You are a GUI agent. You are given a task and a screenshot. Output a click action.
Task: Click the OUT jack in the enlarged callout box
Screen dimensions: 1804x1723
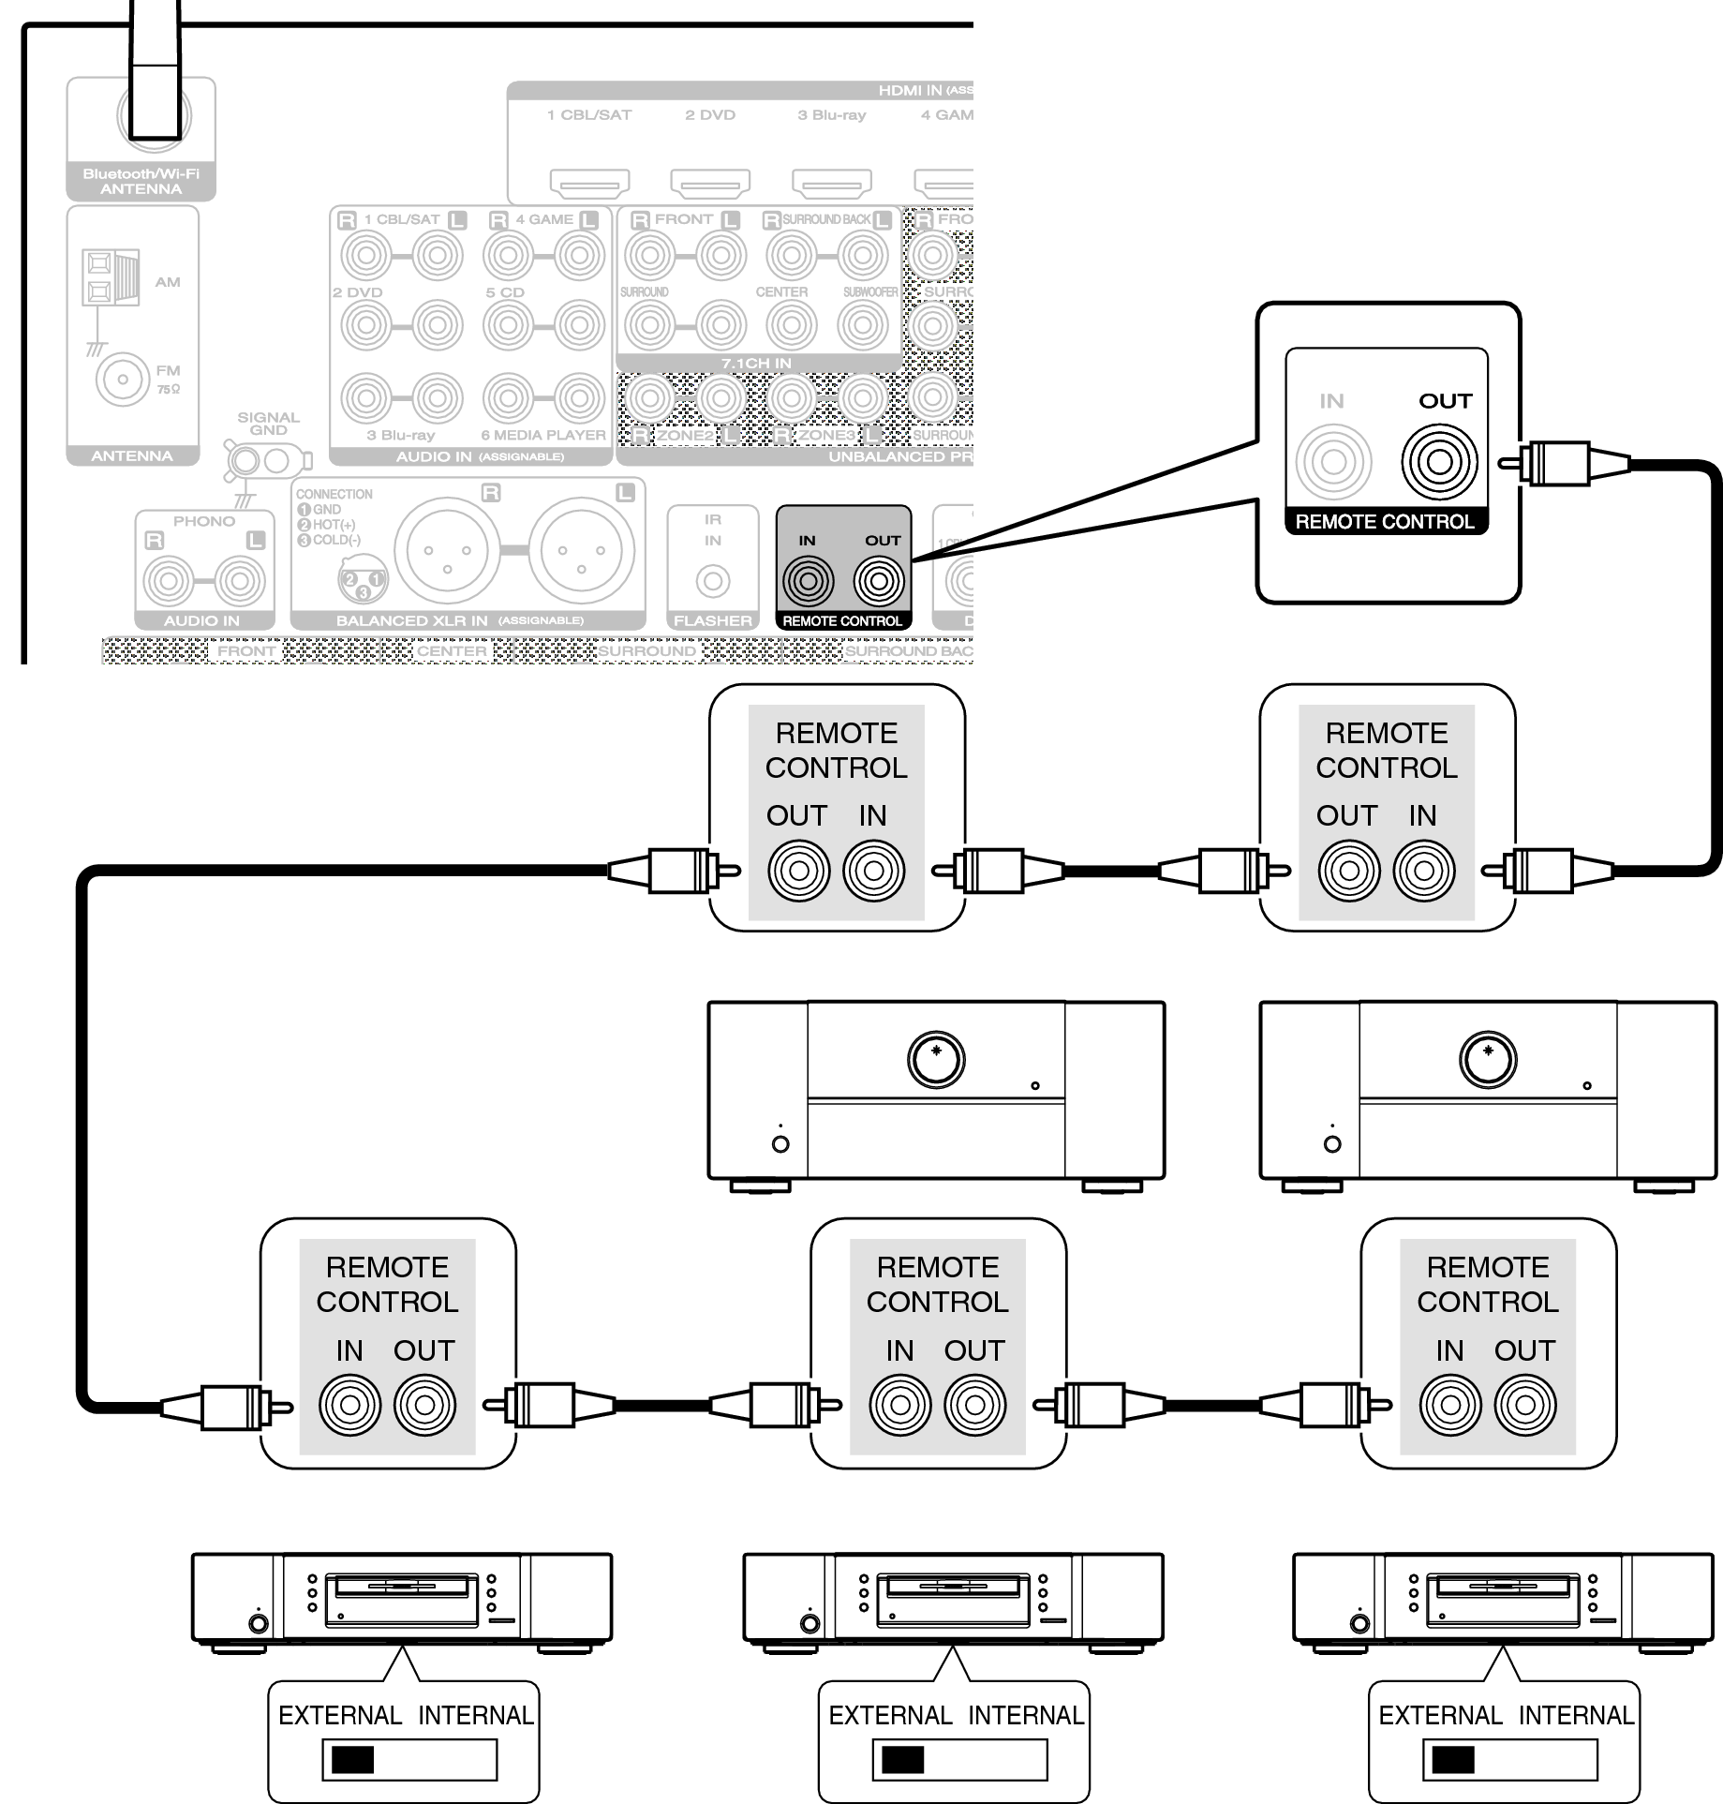(1440, 462)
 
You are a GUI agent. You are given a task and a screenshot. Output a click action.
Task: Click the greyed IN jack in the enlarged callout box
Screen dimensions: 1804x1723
(1333, 462)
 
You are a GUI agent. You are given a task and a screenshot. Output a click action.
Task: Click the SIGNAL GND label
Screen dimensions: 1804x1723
(268, 424)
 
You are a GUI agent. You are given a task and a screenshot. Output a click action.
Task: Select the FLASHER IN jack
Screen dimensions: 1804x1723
(713, 582)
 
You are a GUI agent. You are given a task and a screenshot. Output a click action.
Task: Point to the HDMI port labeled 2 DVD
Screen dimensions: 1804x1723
(710, 182)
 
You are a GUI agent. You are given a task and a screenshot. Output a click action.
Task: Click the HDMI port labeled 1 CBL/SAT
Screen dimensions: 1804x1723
(589, 182)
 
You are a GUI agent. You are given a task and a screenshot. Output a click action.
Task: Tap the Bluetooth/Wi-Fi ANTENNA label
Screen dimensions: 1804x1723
(141, 181)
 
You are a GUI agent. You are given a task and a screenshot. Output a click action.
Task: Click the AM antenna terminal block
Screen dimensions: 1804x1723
(111, 276)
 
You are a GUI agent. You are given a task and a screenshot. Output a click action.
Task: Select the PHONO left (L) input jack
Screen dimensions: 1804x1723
(240, 581)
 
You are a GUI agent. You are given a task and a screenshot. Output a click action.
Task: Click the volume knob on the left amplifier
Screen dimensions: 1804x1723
(936, 1059)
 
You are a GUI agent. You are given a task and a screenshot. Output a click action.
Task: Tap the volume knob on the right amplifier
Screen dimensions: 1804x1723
(1488, 1059)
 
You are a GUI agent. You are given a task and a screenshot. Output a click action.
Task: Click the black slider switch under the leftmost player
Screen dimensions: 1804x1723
(353, 1759)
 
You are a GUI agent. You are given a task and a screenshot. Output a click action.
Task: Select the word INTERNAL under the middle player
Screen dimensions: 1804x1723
(1026, 1714)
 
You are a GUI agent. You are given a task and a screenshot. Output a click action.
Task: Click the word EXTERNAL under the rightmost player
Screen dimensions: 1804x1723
(1440, 1714)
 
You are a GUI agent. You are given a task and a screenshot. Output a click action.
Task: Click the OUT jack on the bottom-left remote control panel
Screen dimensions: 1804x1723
(424, 1405)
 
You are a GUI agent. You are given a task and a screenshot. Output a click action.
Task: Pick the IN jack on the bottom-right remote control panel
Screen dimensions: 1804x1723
(1449, 1405)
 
